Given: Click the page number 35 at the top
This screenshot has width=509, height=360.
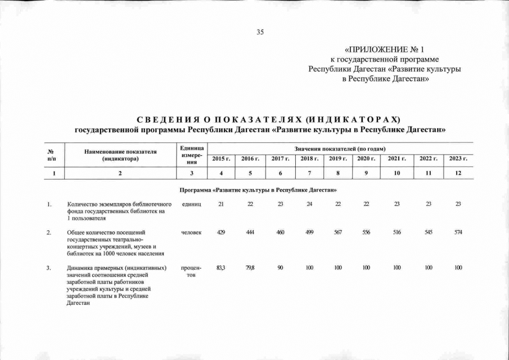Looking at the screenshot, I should [260, 32].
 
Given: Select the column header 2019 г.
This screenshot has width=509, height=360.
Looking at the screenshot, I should [337, 159].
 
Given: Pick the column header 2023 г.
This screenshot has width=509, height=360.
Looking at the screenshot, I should [458, 159].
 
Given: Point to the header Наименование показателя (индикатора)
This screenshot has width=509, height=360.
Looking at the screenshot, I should [120, 155].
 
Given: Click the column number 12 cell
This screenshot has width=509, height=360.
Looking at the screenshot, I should [458, 173].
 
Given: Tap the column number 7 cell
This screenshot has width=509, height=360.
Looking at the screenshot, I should [308, 173].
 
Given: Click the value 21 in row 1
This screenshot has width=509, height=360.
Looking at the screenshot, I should [221, 204].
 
